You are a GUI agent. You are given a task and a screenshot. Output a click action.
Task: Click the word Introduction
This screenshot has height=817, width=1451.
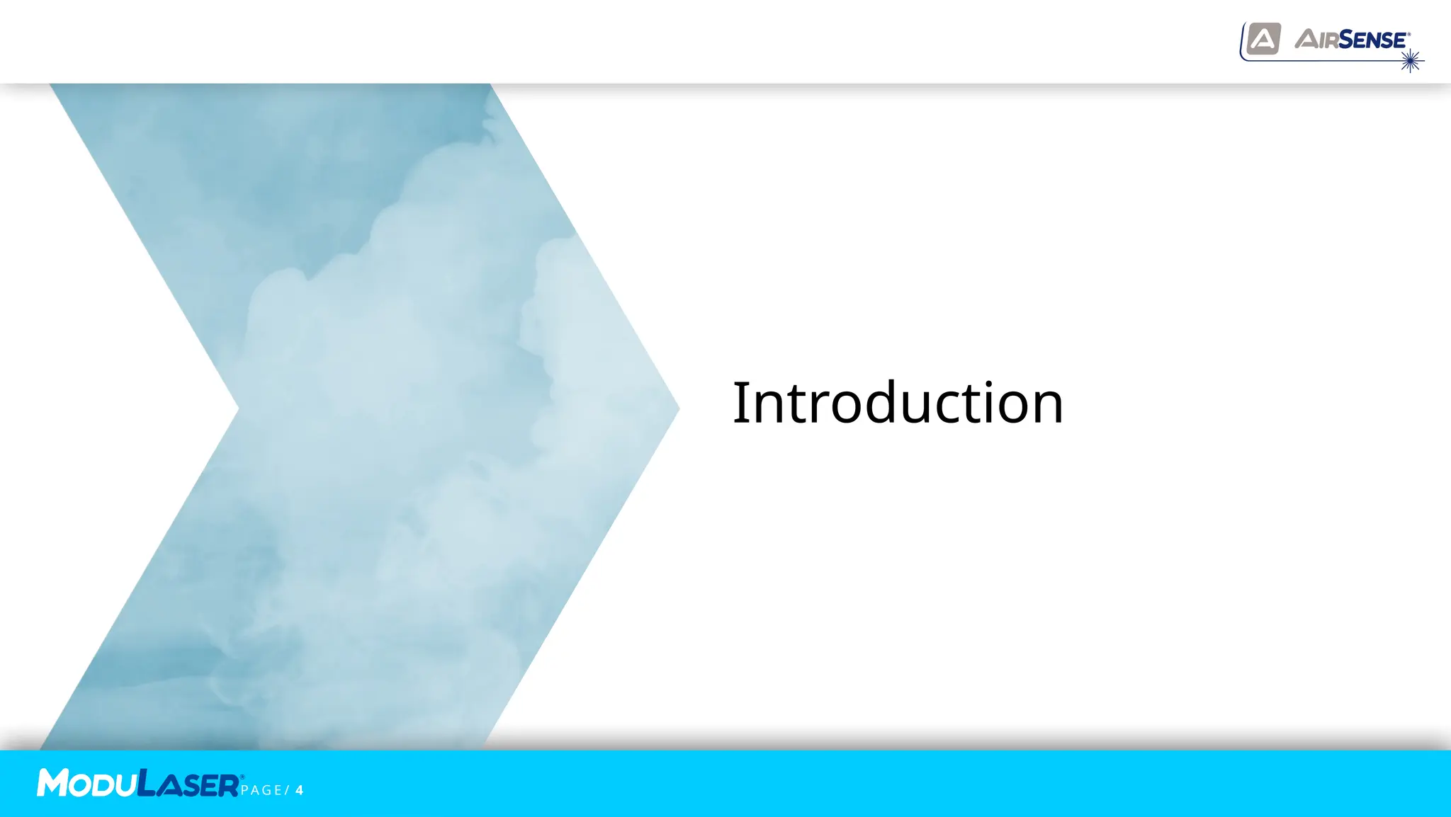click(x=898, y=403)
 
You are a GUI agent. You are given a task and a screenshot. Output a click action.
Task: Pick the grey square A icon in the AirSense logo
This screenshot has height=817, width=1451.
click(x=1263, y=39)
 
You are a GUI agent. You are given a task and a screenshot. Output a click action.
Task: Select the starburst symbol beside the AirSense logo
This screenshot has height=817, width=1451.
click(x=1411, y=61)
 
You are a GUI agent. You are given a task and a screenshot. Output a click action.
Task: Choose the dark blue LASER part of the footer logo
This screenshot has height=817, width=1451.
click(x=188, y=784)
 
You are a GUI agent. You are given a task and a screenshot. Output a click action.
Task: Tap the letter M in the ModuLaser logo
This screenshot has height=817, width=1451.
click(x=52, y=783)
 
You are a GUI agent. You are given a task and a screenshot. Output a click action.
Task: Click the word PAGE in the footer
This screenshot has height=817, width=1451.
click(x=261, y=790)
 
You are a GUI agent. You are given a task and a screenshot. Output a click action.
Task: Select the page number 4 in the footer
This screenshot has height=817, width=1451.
click(x=300, y=790)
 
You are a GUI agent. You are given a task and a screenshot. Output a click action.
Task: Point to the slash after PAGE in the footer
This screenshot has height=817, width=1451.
click(x=287, y=790)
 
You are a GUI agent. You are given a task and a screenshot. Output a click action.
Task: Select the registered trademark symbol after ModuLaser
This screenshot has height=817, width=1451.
click(x=242, y=777)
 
